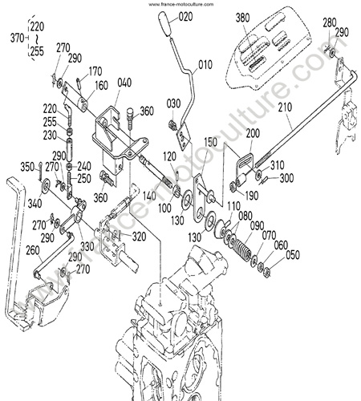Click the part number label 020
coord(185,17)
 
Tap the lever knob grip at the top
coord(164,23)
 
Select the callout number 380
coord(242,18)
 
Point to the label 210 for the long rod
coord(285,107)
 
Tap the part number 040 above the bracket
coord(124,83)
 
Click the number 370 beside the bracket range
coord(18,38)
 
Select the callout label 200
coord(253,133)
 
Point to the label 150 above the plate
coord(211,142)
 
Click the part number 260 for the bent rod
coord(33,251)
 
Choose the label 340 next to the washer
coord(34,204)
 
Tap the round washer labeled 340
coord(45,184)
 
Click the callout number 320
coord(140,237)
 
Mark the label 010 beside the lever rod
coord(205,65)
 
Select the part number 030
coord(173,103)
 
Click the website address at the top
coord(181,4)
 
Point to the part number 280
coord(330,22)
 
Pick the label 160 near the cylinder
coord(101,86)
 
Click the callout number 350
coord(27,167)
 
